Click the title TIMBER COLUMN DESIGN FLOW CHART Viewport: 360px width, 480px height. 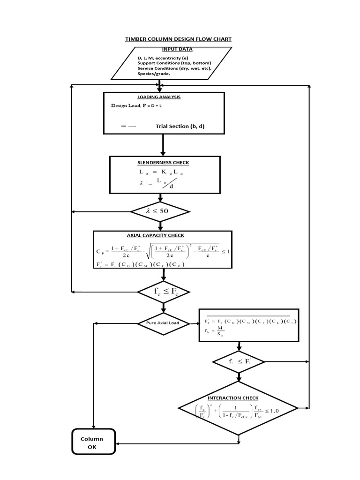pyautogui.click(x=178, y=39)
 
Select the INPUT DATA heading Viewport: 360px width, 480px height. pyautogui.click(x=177, y=49)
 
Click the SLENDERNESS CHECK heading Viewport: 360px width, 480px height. pyautogui.click(x=164, y=163)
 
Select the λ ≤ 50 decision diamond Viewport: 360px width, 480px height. pyautogui.click(x=160, y=211)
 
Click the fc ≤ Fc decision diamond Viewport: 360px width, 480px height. pyautogui.click(x=163, y=292)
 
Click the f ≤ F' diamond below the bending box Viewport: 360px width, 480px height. pyautogui.click(x=239, y=362)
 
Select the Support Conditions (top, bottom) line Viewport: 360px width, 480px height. pyautogui.click(x=174, y=63)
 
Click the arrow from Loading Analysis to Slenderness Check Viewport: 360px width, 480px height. pyautogui.click(x=163, y=145)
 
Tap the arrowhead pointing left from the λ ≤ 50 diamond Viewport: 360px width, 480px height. pyautogui.click(x=73, y=211)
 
